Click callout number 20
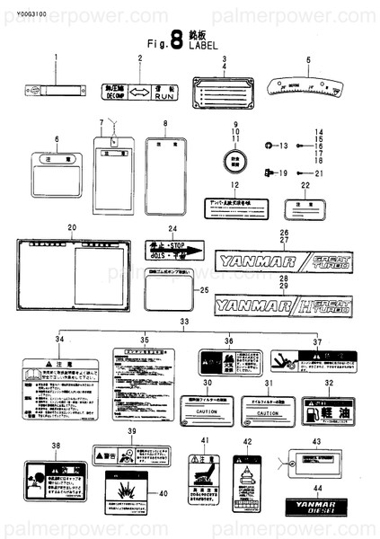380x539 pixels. (x=72, y=227)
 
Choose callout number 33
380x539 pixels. (x=185, y=321)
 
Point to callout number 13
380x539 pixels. (x=283, y=146)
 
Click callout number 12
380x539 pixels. (x=234, y=186)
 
